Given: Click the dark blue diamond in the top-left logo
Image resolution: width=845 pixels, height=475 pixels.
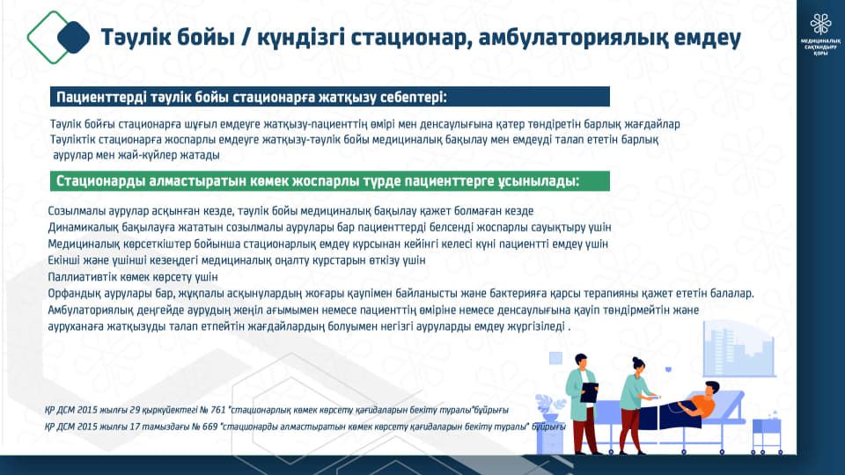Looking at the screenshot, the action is click(73, 37).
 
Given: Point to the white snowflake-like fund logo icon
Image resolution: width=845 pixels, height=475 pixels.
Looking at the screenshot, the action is click(820, 25).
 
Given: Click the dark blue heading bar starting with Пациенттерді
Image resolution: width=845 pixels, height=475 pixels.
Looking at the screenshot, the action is click(330, 97).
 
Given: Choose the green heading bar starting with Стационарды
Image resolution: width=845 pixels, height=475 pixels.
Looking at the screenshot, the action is click(330, 181).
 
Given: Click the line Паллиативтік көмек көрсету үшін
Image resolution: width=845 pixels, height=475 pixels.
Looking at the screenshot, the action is click(133, 277).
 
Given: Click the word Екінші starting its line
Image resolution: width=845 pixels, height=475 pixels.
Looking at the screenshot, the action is click(64, 260).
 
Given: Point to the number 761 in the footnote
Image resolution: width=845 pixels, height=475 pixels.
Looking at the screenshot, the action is click(217, 410).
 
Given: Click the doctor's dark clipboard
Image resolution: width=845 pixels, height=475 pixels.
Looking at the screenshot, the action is click(589, 392).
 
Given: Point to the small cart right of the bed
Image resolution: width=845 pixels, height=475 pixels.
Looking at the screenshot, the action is click(767, 434).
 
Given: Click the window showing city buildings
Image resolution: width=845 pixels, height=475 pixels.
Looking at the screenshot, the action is click(738, 349).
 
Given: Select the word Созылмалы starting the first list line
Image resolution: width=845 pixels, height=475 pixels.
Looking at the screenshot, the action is click(73, 211).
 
